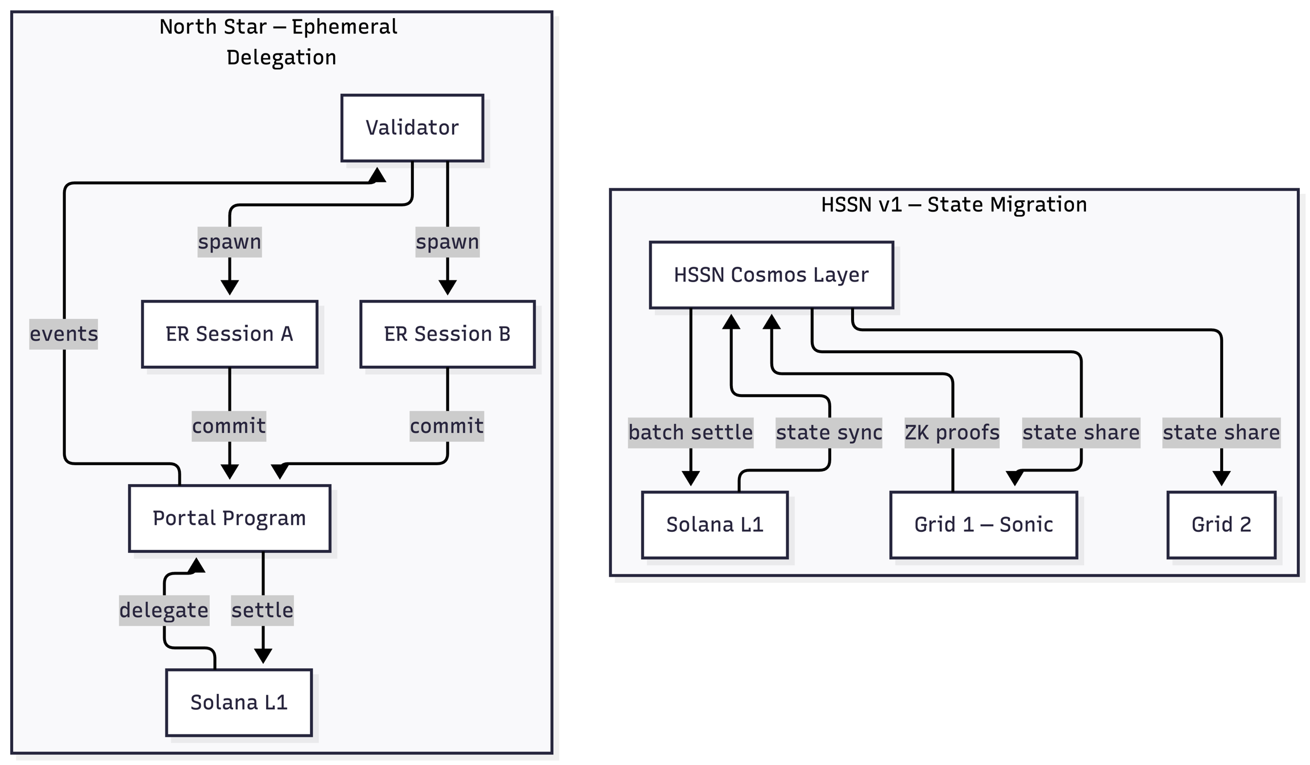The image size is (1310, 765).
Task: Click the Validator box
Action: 412,128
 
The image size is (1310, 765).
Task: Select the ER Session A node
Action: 229,334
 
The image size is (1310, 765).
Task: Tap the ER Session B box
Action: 447,334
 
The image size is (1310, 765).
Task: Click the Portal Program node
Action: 229,518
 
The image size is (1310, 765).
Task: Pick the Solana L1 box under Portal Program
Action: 239,702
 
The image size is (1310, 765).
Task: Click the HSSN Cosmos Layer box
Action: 771,275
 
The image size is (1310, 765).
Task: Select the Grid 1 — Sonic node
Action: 983,524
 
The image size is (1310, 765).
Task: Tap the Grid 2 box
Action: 1221,524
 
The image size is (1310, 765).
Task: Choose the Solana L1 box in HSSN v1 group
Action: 715,524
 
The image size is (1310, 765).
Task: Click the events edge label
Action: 64,334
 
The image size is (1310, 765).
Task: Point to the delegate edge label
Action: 164,610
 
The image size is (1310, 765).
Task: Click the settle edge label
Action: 262,610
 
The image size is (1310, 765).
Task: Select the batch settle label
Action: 690,433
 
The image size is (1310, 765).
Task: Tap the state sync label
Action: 828,433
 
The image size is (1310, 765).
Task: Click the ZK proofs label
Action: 952,433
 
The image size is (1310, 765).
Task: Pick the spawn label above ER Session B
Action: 447,242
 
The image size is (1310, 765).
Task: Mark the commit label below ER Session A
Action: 229,426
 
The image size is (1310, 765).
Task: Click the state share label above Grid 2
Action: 1221,433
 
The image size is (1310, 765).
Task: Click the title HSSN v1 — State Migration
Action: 954,205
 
